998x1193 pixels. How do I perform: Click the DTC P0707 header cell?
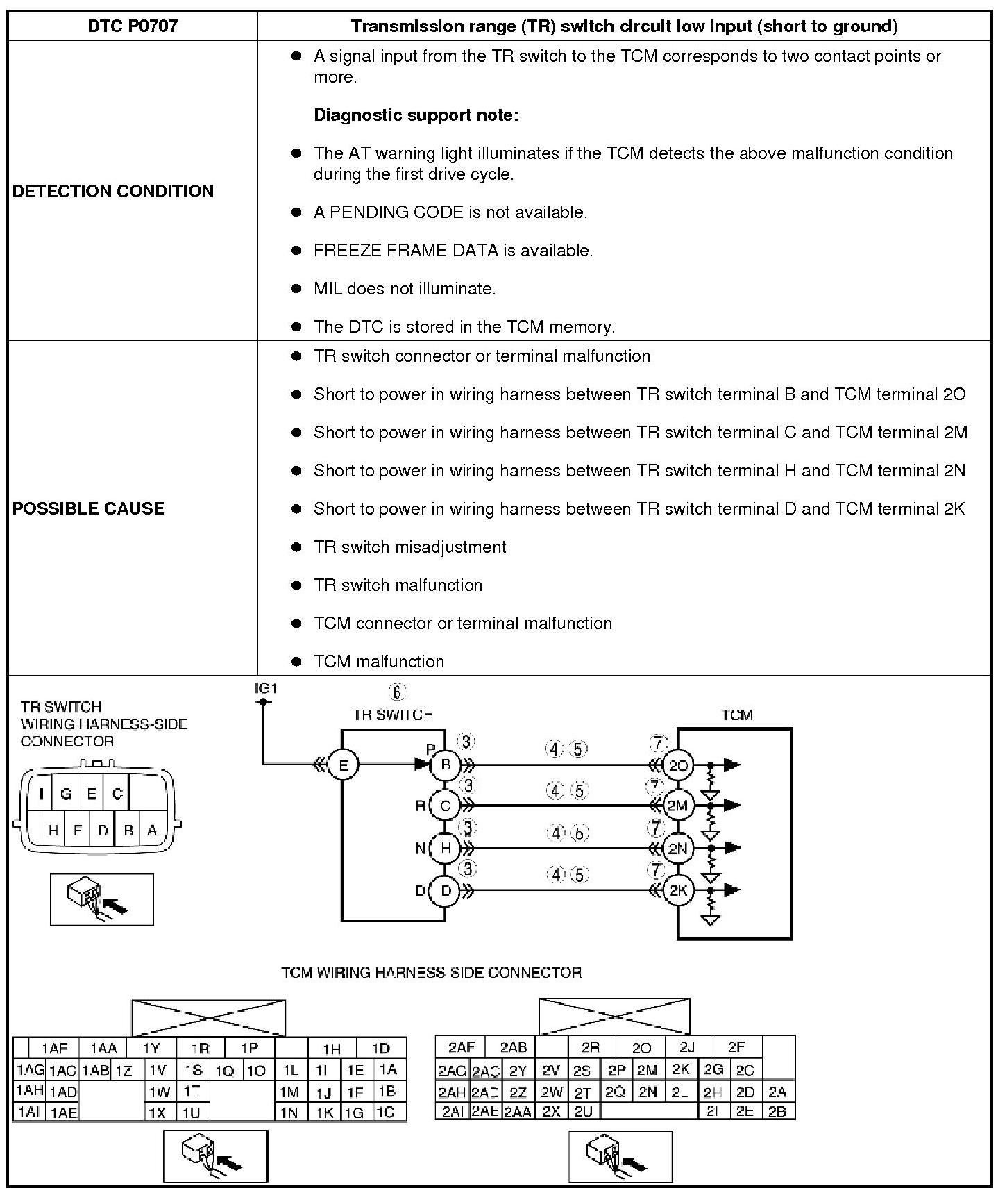click(133, 26)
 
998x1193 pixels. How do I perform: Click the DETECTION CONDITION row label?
click(113, 191)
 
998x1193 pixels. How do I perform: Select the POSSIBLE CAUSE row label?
click(89, 508)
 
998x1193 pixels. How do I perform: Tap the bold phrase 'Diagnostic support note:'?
click(416, 115)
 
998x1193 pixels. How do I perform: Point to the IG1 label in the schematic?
click(266, 689)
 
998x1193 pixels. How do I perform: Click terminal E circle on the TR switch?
click(343, 765)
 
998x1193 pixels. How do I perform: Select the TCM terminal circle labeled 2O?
click(677, 765)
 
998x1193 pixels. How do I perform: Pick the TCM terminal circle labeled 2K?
click(677, 890)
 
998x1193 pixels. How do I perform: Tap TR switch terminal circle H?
click(446, 848)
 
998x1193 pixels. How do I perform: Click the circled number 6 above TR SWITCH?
click(397, 692)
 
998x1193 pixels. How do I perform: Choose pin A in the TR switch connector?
click(152, 830)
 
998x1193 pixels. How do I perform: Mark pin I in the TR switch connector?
click(42, 794)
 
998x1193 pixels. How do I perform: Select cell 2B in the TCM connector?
click(777, 1111)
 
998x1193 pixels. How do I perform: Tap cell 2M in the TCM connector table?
click(647, 1070)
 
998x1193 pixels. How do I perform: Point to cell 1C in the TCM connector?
click(385, 1112)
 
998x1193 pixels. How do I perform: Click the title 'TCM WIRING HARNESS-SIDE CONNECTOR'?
click(431, 972)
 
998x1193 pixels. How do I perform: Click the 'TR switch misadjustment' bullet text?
click(409, 547)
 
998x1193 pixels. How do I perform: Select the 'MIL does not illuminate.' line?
click(405, 289)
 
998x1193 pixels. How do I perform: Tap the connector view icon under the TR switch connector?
click(101, 899)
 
